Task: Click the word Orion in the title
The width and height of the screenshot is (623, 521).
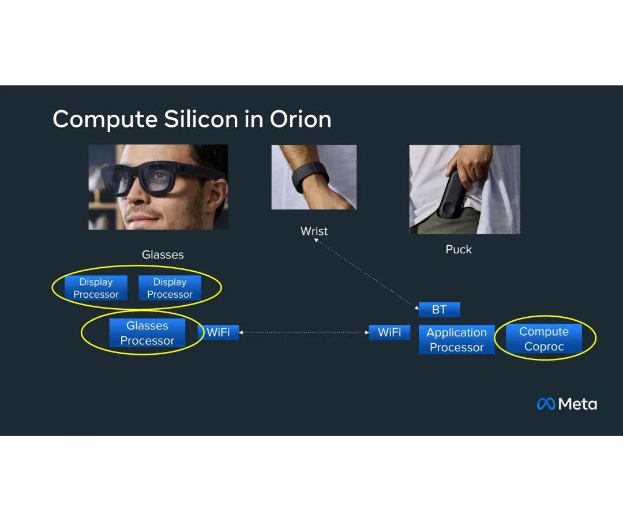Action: point(301,119)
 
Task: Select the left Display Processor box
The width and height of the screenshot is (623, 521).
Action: point(96,288)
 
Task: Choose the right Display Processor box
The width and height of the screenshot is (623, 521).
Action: point(170,288)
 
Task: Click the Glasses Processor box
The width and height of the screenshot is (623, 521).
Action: point(148,333)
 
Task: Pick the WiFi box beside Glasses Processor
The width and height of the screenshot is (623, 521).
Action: point(218,332)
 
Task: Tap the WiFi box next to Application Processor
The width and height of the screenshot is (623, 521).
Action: point(389,332)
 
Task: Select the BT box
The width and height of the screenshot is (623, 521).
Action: point(439,310)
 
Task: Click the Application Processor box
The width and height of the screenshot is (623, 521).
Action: point(456,339)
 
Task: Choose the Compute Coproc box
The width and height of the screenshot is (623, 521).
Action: point(544,339)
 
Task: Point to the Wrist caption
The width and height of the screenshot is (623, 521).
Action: point(314,231)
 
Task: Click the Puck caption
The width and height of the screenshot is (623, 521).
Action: point(459,249)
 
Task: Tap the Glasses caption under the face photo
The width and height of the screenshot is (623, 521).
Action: point(163,254)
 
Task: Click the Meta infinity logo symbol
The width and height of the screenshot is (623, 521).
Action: point(546,404)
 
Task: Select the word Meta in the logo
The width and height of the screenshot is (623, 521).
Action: point(577,404)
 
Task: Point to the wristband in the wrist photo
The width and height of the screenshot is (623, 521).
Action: point(310,175)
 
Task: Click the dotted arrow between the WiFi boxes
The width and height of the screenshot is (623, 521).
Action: point(304,333)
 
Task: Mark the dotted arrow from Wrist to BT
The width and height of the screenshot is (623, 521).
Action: point(366,273)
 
